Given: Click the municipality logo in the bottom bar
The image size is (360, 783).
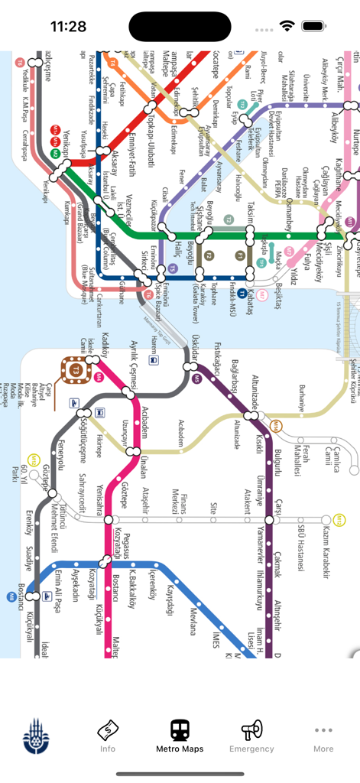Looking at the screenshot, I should point(36,736).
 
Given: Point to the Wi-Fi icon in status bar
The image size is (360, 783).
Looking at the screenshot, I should point(287,25).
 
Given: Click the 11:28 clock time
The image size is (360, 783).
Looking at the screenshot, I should point(69,26).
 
